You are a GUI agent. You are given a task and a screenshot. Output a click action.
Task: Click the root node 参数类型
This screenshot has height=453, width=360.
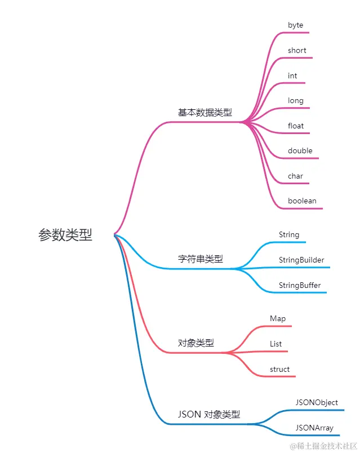[x=65, y=235]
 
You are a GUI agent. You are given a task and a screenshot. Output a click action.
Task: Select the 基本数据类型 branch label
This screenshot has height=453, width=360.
[x=205, y=113]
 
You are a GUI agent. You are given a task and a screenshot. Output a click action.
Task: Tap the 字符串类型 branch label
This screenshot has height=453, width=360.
[x=201, y=259]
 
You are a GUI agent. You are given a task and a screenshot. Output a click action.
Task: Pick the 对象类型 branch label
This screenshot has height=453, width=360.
[x=196, y=343]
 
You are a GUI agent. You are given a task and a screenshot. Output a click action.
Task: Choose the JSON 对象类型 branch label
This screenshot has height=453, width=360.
[x=209, y=415]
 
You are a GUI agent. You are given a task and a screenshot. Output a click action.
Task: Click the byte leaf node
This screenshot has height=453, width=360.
[x=295, y=25]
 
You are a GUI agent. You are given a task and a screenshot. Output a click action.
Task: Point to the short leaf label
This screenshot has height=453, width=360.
[x=297, y=51]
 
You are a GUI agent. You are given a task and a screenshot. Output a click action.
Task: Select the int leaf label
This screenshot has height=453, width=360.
[x=292, y=76]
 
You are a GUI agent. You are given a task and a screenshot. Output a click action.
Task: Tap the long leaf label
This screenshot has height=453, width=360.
[x=296, y=101]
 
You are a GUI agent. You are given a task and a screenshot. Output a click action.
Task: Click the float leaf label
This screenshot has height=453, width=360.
[x=296, y=126]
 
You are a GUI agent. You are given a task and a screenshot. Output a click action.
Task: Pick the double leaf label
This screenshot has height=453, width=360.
[x=300, y=151]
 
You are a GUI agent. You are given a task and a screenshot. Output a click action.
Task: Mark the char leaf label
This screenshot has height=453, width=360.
[x=295, y=176]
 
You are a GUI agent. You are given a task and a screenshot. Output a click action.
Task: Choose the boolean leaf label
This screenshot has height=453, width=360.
[x=302, y=201]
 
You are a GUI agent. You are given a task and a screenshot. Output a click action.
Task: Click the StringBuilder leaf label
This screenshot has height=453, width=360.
[x=301, y=260]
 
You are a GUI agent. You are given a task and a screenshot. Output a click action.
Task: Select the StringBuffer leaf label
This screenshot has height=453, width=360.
[x=300, y=286]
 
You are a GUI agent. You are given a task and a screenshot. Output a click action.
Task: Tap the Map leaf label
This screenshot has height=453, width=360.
[x=278, y=319]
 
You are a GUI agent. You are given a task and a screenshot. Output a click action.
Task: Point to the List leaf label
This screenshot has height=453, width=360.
[x=276, y=344]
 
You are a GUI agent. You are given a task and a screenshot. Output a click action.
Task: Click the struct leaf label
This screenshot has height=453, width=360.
[x=279, y=370]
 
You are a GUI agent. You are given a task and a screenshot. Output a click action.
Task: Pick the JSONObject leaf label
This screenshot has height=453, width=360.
[x=317, y=403]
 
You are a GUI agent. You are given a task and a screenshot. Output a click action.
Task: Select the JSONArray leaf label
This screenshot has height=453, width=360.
[x=314, y=428]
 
